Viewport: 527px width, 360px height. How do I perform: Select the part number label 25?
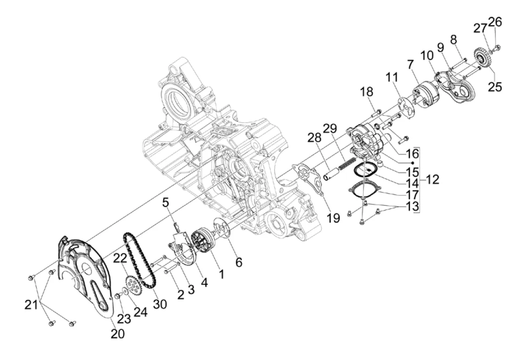[495, 86]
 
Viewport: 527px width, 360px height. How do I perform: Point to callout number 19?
[333, 218]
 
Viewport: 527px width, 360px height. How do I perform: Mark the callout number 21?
[31, 306]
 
